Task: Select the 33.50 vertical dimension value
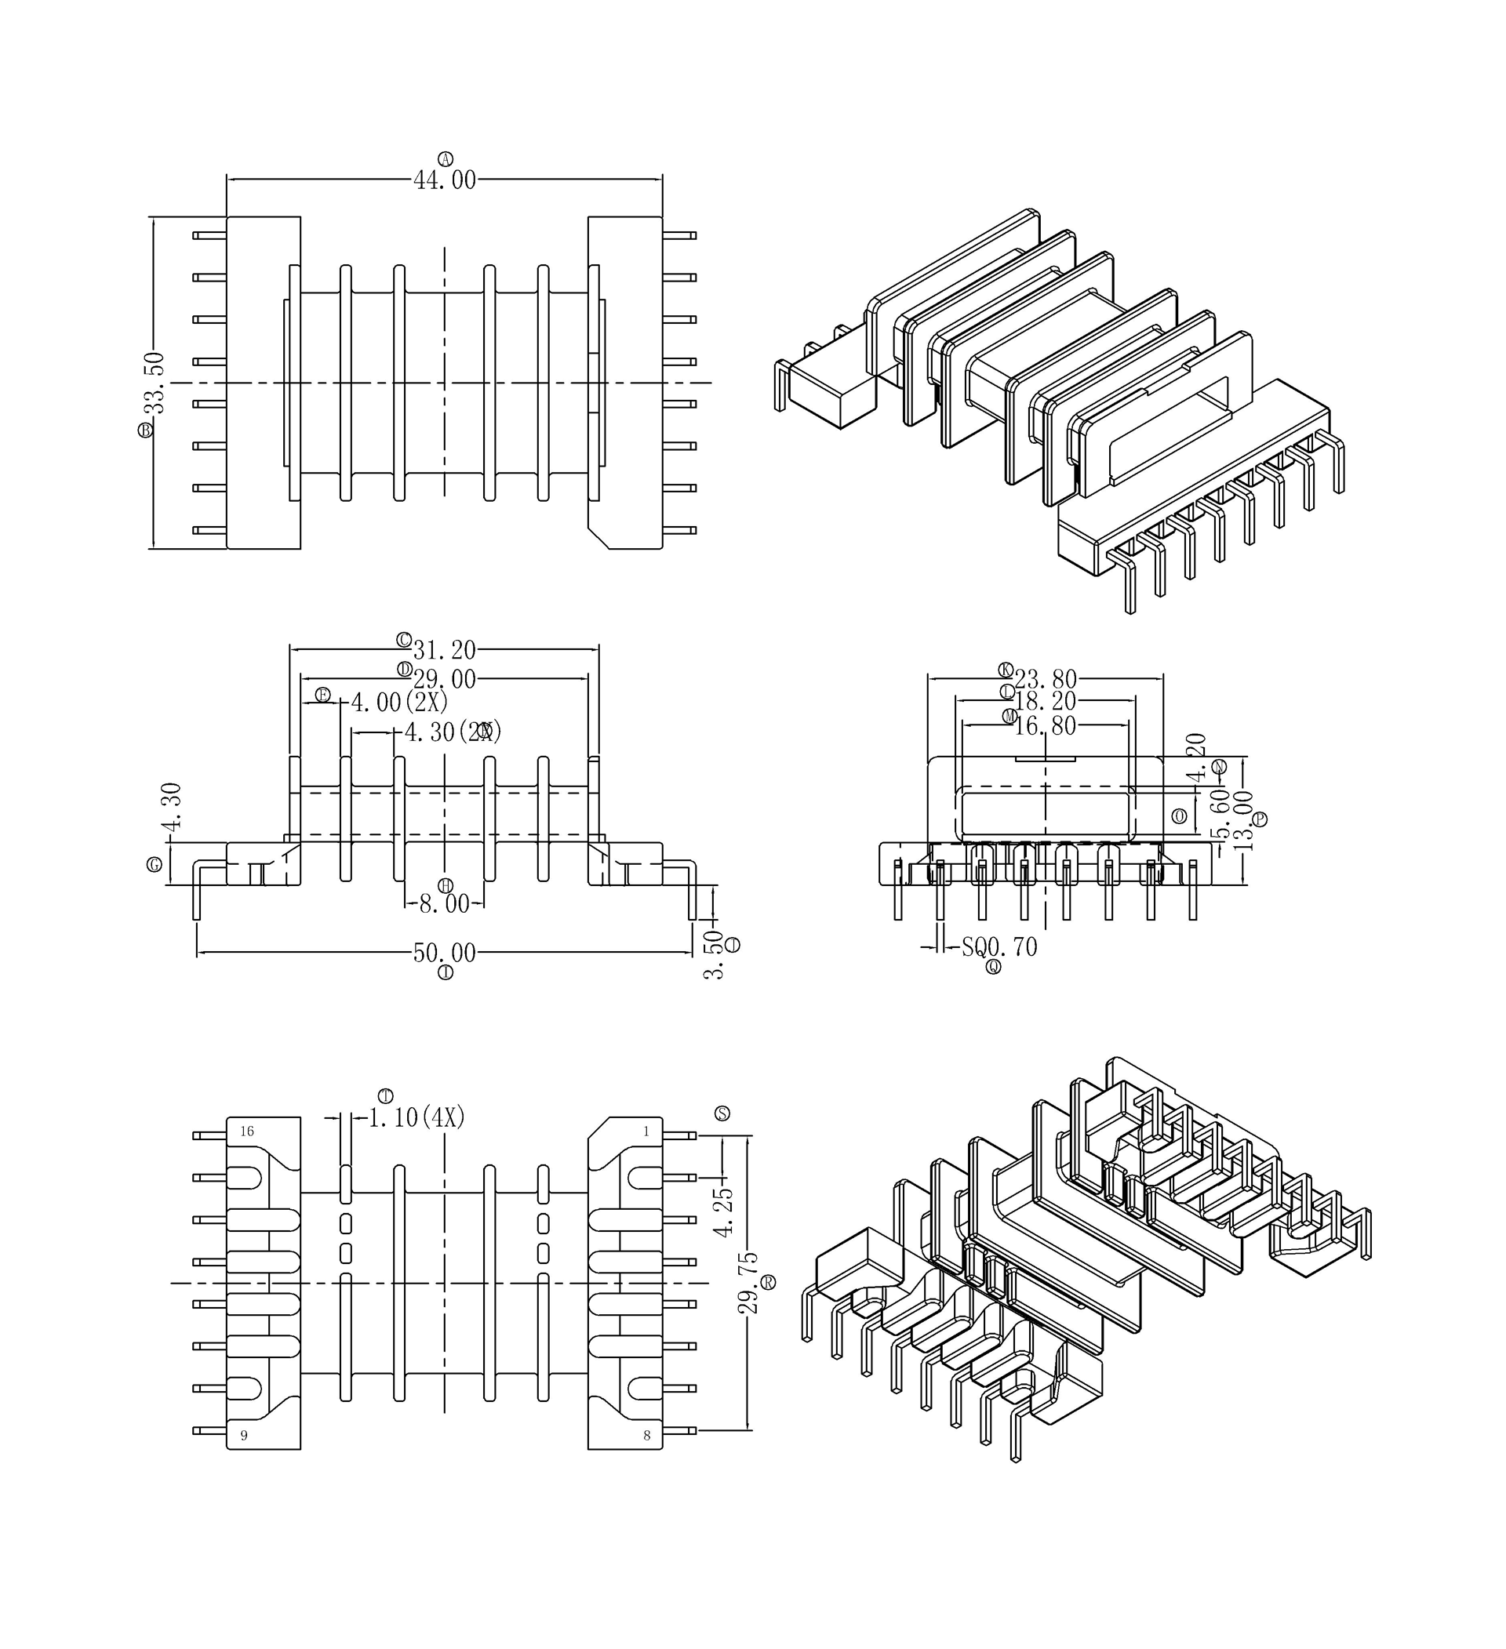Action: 155,383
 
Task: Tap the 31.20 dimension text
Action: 444,650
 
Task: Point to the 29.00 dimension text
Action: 444,680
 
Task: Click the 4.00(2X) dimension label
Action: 399,702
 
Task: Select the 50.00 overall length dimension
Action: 444,953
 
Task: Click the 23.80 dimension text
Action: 1046,680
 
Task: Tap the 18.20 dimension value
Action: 1046,702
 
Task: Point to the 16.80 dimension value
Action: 1046,726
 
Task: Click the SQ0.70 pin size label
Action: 999,947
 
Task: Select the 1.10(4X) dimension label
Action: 417,1117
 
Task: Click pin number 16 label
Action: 247,1131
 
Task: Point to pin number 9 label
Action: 244,1436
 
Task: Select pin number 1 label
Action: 646,1131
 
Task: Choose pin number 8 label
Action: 646,1436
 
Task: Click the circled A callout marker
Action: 445,158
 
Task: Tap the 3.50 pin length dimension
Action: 713,953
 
